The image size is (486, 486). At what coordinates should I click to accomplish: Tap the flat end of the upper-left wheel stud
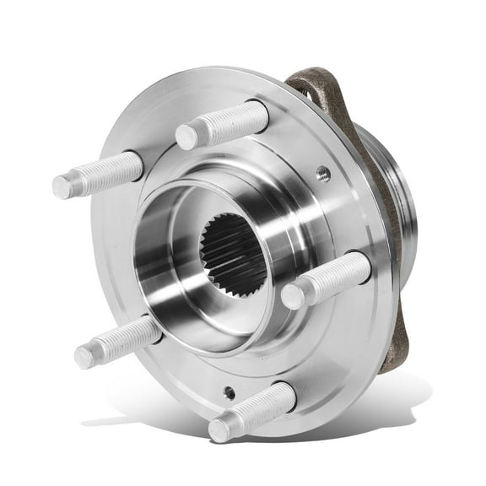click(62, 186)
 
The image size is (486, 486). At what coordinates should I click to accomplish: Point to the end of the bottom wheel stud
click(220, 429)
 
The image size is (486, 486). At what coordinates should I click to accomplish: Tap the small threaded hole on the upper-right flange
click(322, 175)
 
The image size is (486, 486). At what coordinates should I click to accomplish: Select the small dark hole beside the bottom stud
click(229, 392)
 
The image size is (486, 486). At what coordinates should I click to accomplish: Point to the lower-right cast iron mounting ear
click(391, 350)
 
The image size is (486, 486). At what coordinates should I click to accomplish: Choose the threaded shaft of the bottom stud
click(257, 408)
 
